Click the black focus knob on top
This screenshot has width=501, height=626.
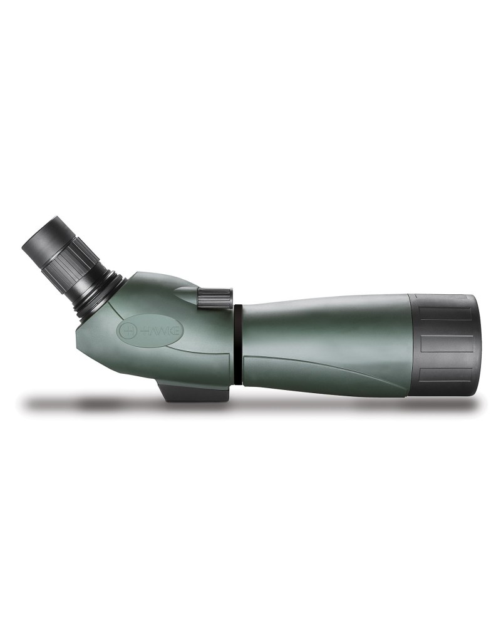pos(214,297)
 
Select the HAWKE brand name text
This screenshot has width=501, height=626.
pos(162,331)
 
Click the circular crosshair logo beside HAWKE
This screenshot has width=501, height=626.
pos(128,331)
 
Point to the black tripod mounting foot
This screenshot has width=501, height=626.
pos(195,389)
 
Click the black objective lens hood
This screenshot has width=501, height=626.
pos(444,344)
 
